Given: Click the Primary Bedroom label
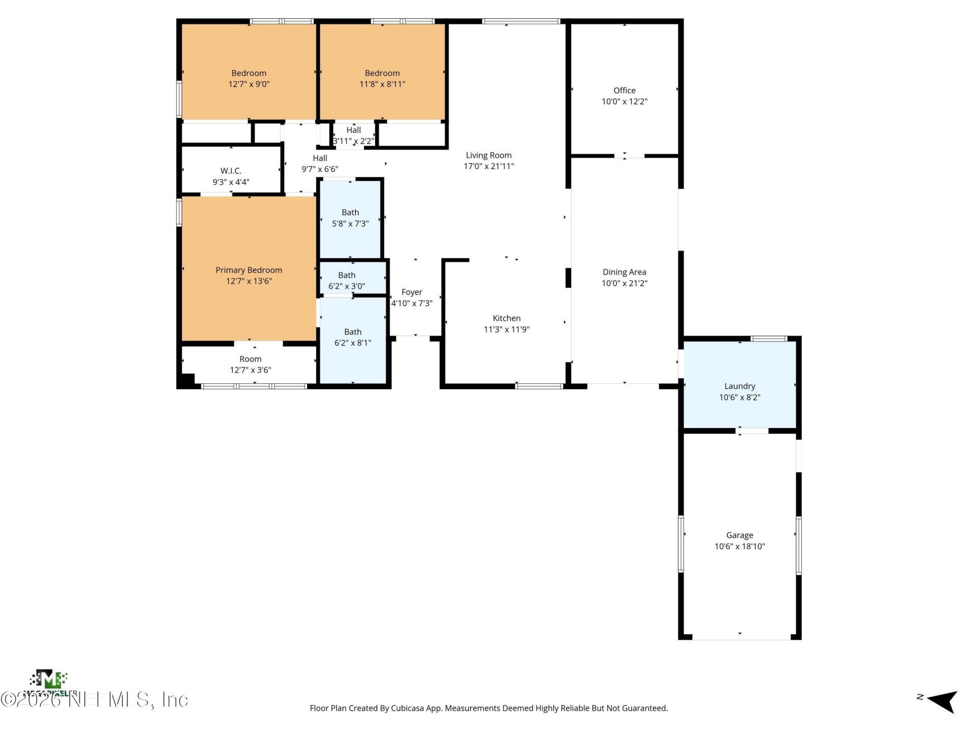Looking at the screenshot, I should pyautogui.click(x=249, y=270).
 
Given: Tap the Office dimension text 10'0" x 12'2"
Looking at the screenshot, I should pyautogui.click(x=624, y=101).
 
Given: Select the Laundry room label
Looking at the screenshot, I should pyautogui.click(x=739, y=386).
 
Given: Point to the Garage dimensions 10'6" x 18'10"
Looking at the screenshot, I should pyautogui.click(x=739, y=547).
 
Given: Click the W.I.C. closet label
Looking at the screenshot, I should pyautogui.click(x=231, y=171).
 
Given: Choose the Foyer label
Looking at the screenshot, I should pyautogui.click(x=412, y=292).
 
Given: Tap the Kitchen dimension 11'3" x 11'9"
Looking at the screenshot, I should pyautogui.click(x=506, y=329).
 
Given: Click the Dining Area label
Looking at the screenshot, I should pyautogui.click(x=624, y=272).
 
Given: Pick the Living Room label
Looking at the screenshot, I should pyautogui.click(x=488, y=155).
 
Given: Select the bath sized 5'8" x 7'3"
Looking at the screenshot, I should pyautogui.click(x=350, y=218).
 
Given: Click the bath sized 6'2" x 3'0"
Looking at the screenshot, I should pyautogui.click(x=347, y=280).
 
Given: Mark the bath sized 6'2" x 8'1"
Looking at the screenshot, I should pyautogui.click(x=352, y=337).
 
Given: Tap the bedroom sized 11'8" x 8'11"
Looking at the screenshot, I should pyautogui.click(x=382, y=78).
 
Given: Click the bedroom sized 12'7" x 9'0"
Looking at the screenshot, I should pyautogui.click(x=249, y=78).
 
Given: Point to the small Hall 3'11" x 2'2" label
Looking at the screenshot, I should pyautogui.click(x=354, y=130).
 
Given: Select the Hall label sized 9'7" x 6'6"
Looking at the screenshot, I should pyautogui.click(x=320, y=158).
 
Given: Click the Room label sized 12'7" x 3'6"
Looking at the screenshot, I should pyautogui.click(x=250, y=359).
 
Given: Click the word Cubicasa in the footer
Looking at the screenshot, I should pyautogui.click(x=407, y=708).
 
